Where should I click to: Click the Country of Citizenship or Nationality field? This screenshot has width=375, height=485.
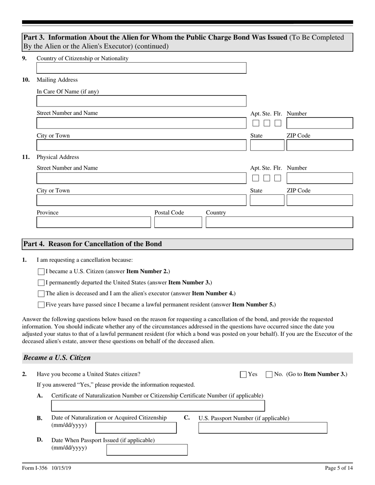pos(141,68)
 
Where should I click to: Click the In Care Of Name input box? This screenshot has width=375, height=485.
pos(141,101)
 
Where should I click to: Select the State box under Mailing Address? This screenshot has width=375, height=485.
pos(267,145)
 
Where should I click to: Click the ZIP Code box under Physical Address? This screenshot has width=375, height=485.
pos(319,200)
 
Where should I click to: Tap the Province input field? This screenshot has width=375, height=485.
pos(94,222)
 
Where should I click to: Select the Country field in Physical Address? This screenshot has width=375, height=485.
pos(279,222)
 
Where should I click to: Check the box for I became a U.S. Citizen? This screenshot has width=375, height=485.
pos(41,272)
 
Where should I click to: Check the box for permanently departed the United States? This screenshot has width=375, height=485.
pos(41,283)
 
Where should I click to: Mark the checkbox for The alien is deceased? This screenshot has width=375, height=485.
pos(41,294)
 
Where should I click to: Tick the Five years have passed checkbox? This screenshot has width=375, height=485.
pos(41,305)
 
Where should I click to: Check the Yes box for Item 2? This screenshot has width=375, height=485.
pos(244,375)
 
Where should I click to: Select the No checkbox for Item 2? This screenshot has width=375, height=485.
pos(269,375)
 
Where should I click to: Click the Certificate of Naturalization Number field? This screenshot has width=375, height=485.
pos(158,406)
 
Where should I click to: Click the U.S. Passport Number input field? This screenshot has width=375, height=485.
pos(262,428)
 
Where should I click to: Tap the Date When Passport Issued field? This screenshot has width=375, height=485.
pos(147,450)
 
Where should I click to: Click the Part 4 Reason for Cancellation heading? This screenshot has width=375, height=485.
pos(93,244)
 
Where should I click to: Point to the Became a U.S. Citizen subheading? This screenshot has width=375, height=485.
pos(57,358)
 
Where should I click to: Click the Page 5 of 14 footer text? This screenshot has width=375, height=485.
pos(338,468)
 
